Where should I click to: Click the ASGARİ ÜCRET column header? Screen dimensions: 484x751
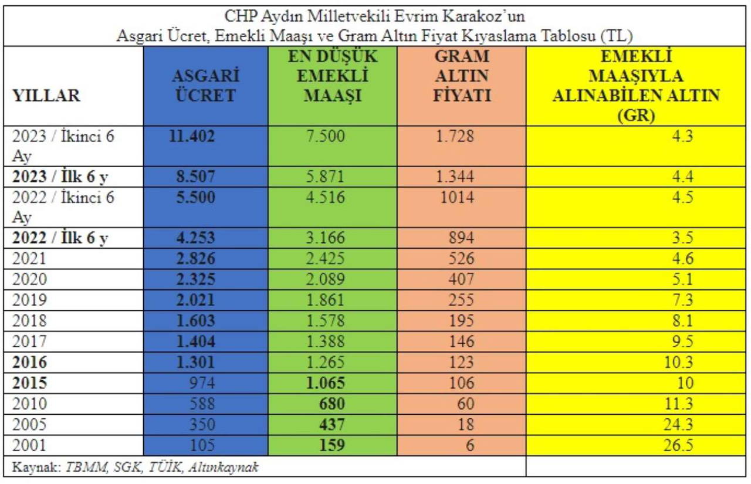click(205, 86)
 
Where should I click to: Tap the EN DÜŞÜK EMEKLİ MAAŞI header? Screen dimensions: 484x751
click(332, 76)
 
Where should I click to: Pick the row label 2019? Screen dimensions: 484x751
click(29, 300)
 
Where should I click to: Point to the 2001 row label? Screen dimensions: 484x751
click(29, 445)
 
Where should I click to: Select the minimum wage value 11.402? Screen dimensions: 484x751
click(191, 137)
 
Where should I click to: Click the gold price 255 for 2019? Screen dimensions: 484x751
click(461, 300)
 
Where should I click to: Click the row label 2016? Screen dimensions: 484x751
click(29, 363)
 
